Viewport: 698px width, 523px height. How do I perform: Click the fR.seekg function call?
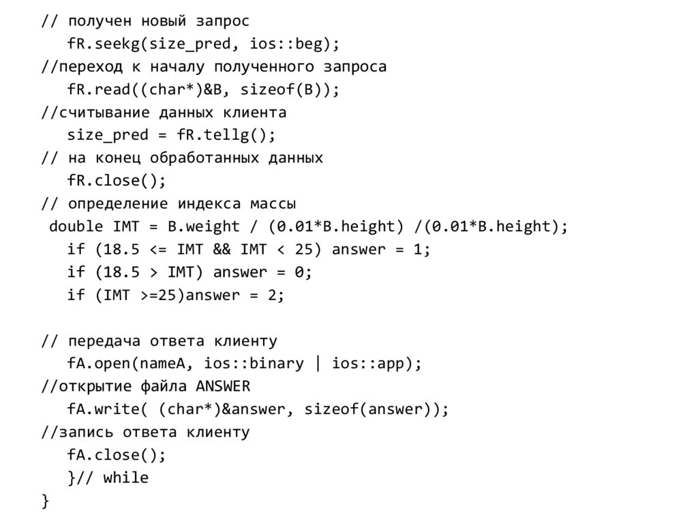[x=103, y=44]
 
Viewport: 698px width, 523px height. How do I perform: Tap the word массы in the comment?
[x=273, y=204]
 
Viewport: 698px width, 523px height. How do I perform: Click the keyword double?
[x=76, y=226]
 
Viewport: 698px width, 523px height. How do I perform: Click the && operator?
[x=222, y=250]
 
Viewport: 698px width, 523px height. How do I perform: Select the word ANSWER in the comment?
[x=223, y=387]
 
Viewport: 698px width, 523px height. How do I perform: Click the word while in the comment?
[x=126, y=478]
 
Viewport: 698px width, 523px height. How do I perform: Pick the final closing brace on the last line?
[x=46, y=501]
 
